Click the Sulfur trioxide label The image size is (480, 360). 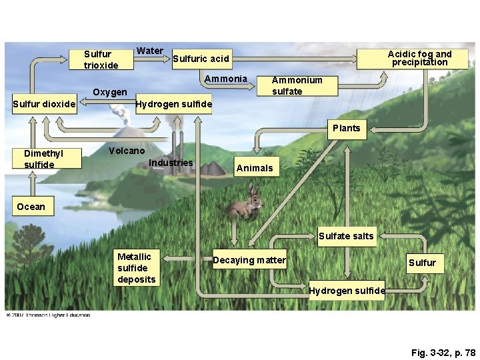(x=101, y=59)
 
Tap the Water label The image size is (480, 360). (x=149, y=51)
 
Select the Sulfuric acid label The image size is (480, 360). (x=201, y=59)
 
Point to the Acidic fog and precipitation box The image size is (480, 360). (x=419, y=58)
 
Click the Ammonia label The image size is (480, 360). (x=225, y=79)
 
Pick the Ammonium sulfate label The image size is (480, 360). (x=297, y=85)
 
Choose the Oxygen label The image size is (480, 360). (x=110, y=92)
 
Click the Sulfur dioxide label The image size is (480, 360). (x=44, y=103)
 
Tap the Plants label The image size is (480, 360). (x=346, y=128)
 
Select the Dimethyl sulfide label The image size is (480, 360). (x=43, y=159)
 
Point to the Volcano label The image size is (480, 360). (x=126, y=151)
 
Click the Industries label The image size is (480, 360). (x=171, y=163)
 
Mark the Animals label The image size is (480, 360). (x=254, y=168)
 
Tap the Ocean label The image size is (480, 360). (x=31, y=207)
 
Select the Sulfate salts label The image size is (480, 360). (x=346, y=235)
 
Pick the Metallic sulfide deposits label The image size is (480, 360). (x=136, y=268)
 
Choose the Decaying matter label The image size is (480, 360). (x=249, y=260)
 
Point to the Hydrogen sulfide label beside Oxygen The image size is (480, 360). (x=173, y=104)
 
